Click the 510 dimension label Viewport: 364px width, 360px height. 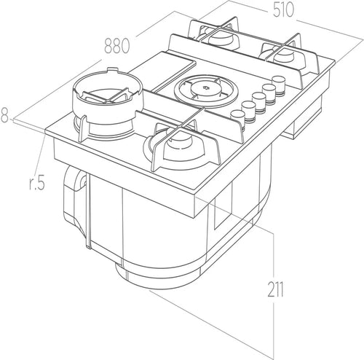click(283, 10)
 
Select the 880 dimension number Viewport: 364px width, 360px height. click(116, 46)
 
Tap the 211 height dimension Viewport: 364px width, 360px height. click(275, 289)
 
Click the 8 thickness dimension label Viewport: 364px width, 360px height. click(4, 115)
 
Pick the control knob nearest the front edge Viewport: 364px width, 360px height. click(238, 117)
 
